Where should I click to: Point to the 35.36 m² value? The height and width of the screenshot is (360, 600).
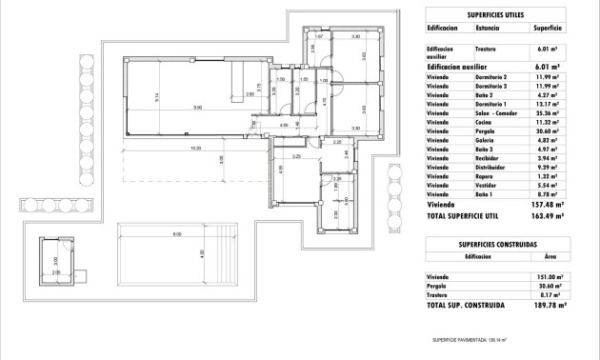click(x=548, y=112)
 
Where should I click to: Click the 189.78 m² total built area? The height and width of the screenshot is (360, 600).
click(x=550, y=306)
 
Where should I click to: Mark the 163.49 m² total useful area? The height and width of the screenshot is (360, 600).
click(x=548, y=215)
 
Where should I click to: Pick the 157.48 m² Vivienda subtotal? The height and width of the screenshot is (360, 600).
click(x=548, y=203)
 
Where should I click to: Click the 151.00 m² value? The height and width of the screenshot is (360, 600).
click(x=549, y=277)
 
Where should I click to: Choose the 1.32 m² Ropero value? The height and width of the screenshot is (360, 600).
click(x=550, y=176)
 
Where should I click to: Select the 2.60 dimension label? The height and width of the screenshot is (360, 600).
click(x=250, y=94)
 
